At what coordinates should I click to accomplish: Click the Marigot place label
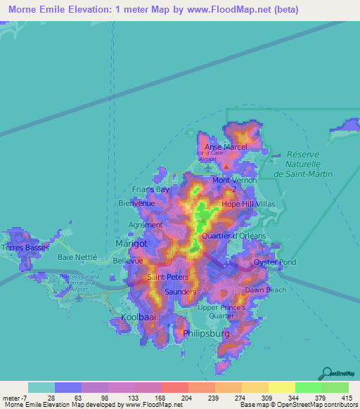click(131, 243)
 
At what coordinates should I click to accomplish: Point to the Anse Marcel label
click(226, 147)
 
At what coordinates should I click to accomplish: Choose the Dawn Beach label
click(266, 290)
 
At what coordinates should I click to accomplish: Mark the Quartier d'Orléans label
click(232, 235)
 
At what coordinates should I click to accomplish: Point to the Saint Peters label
click(166, 278)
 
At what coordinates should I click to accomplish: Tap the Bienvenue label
click(136, 203)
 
